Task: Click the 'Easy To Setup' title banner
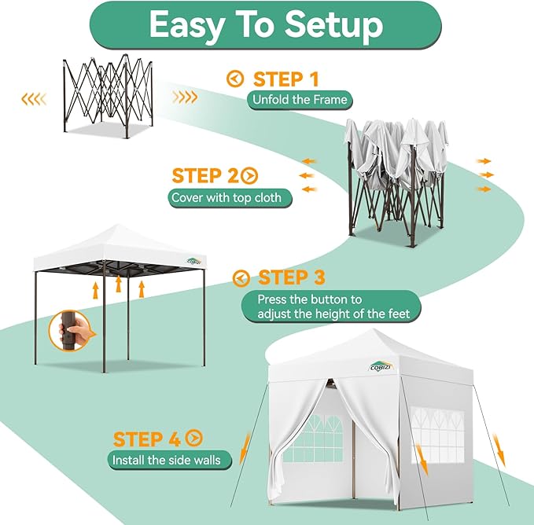click(x=266, y=26)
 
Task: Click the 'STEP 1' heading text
click(x=286, y=79)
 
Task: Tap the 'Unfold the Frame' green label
click(x=299, y=100)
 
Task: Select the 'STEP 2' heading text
click(x=204, y=175)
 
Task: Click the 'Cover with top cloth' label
click(x=230, y=197)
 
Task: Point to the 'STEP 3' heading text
click(x=292, y=277)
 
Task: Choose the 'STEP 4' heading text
click(x=146, y=439)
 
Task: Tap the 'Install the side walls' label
click(x=166, y=460)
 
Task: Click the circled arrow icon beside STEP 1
click(x=234, y=79)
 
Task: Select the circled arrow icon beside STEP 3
click(x=242, y=278)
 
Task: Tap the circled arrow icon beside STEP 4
click(x=193, y=439)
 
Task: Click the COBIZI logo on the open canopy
click(x=194, y=261)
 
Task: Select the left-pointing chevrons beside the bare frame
click(x=33, y=98)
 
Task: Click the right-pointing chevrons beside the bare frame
click(x=186, y=97)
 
